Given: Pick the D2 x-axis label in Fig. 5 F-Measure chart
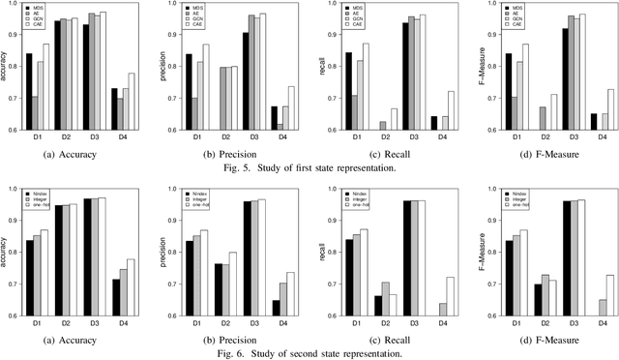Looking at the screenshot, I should point(516,138).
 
